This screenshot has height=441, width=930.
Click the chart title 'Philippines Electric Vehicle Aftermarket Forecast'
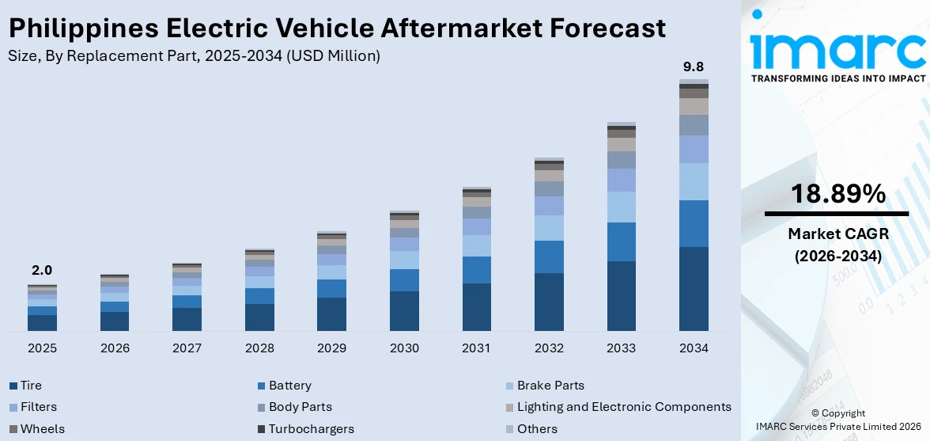[x=337, y=29]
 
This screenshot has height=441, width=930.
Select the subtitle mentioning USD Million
[x=194, y=56]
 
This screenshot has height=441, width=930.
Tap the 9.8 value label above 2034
[x=694, y=67]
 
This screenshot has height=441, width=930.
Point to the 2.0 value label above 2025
[x=42, y=271]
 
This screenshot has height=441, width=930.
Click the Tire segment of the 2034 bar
[x=694, y=288]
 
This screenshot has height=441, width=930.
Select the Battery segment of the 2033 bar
[x=622, y=241]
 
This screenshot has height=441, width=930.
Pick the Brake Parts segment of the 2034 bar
[x=694, y=181]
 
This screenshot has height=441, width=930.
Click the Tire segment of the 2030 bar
[x=404, y=310]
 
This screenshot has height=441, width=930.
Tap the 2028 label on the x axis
[x=259, y=348]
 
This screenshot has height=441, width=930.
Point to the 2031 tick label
[x=477, y=348]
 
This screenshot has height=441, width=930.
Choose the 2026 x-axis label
[x=115, y=348]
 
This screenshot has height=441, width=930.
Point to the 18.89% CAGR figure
[x=837, y=194]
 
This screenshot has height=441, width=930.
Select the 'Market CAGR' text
[x=837, y=234]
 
